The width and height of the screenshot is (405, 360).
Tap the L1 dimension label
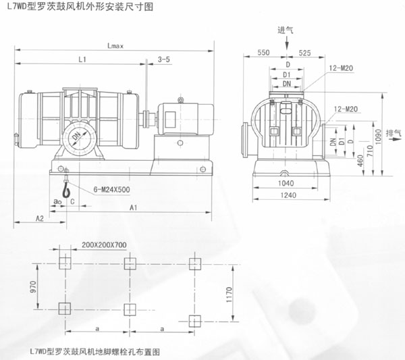click(82, 60)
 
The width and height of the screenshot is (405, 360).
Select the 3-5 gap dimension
click(164, 60)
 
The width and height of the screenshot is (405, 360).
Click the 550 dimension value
click(264, 52)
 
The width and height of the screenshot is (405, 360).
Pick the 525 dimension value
click(304, 52)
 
